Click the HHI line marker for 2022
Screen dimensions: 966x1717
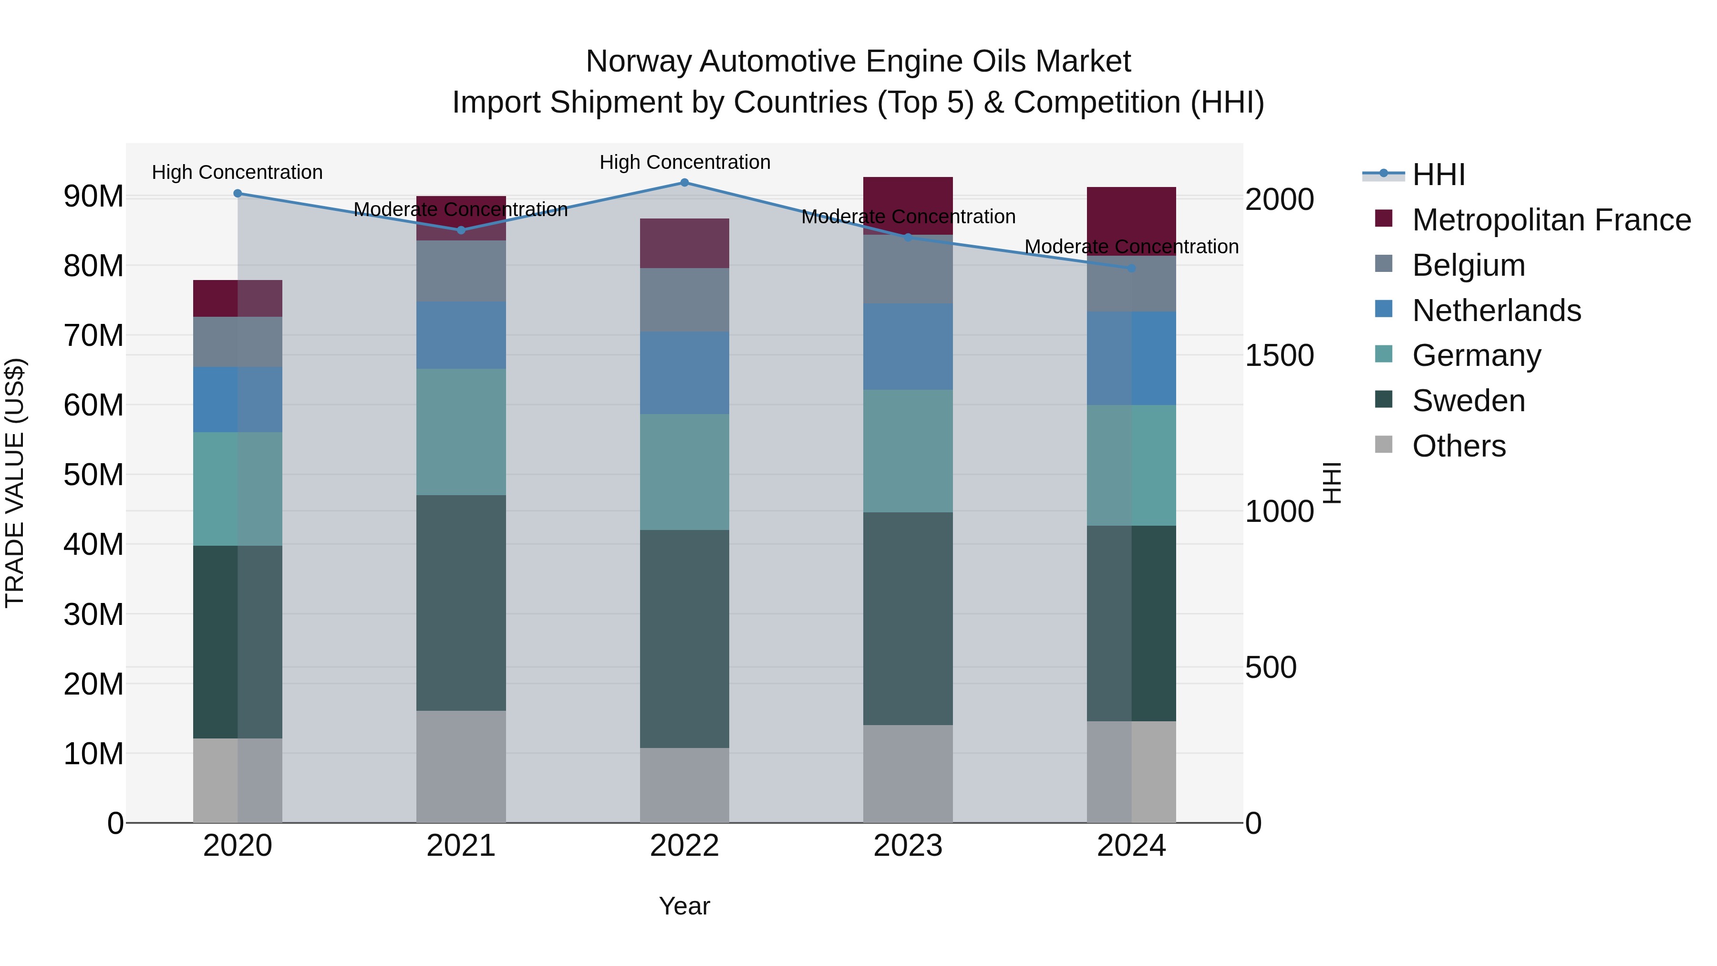(684, 183)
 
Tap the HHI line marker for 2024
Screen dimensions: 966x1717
(1131, 268)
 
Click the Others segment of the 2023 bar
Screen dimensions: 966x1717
(908, 773)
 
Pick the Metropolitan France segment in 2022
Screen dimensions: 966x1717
(684, 243)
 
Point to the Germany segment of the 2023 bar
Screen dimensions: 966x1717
(908, 451)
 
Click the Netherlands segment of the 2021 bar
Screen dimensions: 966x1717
(461, 335)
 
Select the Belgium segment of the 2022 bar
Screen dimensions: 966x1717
(684, 300)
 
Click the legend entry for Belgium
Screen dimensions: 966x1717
(1469, 265)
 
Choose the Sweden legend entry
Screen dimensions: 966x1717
(1469, 401)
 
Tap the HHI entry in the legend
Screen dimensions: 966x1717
(1438, 175)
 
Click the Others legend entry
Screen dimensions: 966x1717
(1458, 446)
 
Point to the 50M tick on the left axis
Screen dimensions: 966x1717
(93, 475)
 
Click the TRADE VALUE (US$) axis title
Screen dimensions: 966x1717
(15, 483)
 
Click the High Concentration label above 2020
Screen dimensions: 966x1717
(238, 173)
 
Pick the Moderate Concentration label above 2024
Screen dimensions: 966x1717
(1131, 247)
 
